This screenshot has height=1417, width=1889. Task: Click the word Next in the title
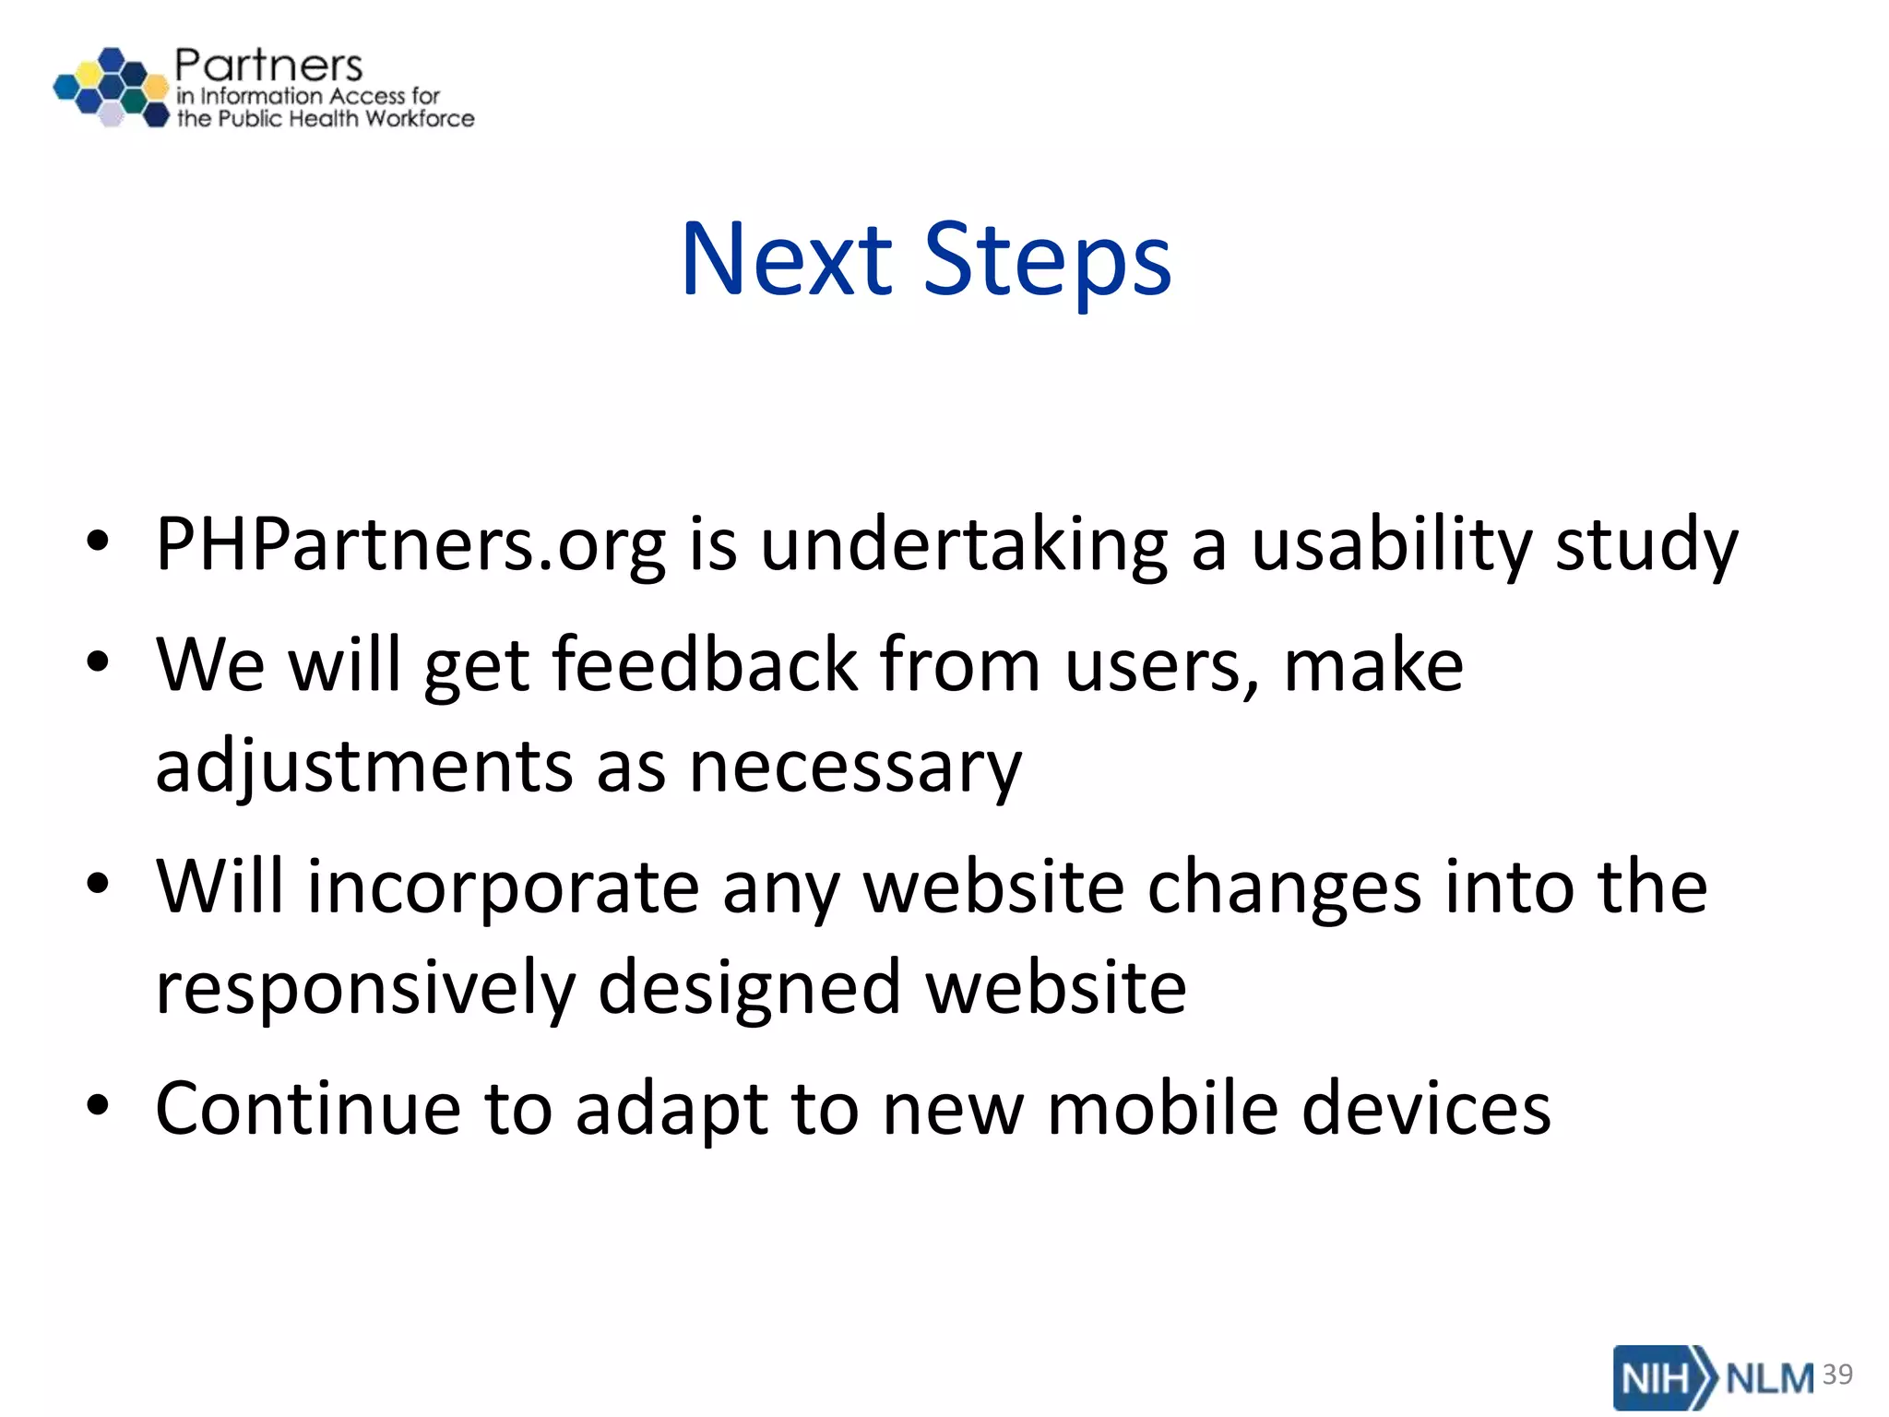pyautogui.click(x=786, y=260)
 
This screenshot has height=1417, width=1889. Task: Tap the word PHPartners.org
pyautogui.click(x=410, y=544)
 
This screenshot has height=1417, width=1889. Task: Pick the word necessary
pyautogui.click(x=856, y=768)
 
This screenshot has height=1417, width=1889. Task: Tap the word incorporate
pyautogui.click(x=503, y=887)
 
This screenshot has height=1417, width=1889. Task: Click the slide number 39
pyautogui.click(x=1837, y=1375)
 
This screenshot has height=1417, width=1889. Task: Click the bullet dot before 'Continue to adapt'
pyautogui.click(x=98, y=1105)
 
